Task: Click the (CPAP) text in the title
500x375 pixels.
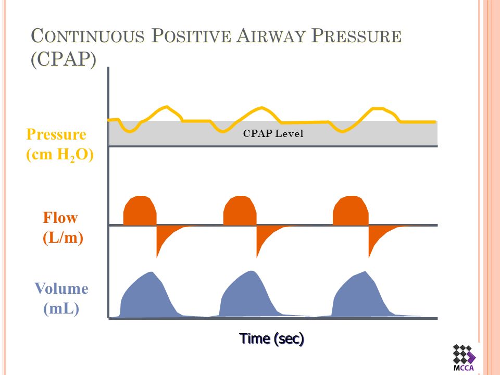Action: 64,59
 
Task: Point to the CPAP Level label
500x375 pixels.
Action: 273,133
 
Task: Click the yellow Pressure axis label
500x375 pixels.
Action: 56,134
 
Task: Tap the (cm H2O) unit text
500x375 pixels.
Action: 59,155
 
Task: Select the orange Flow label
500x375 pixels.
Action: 60,218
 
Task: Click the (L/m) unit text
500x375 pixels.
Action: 63,239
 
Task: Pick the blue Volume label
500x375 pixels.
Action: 61,289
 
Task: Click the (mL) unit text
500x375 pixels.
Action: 61,309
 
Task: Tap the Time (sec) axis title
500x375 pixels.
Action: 271,339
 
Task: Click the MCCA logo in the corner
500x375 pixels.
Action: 464,357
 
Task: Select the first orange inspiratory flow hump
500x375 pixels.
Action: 140,211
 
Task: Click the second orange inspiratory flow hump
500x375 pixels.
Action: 240,211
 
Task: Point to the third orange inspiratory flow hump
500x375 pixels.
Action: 350,211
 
